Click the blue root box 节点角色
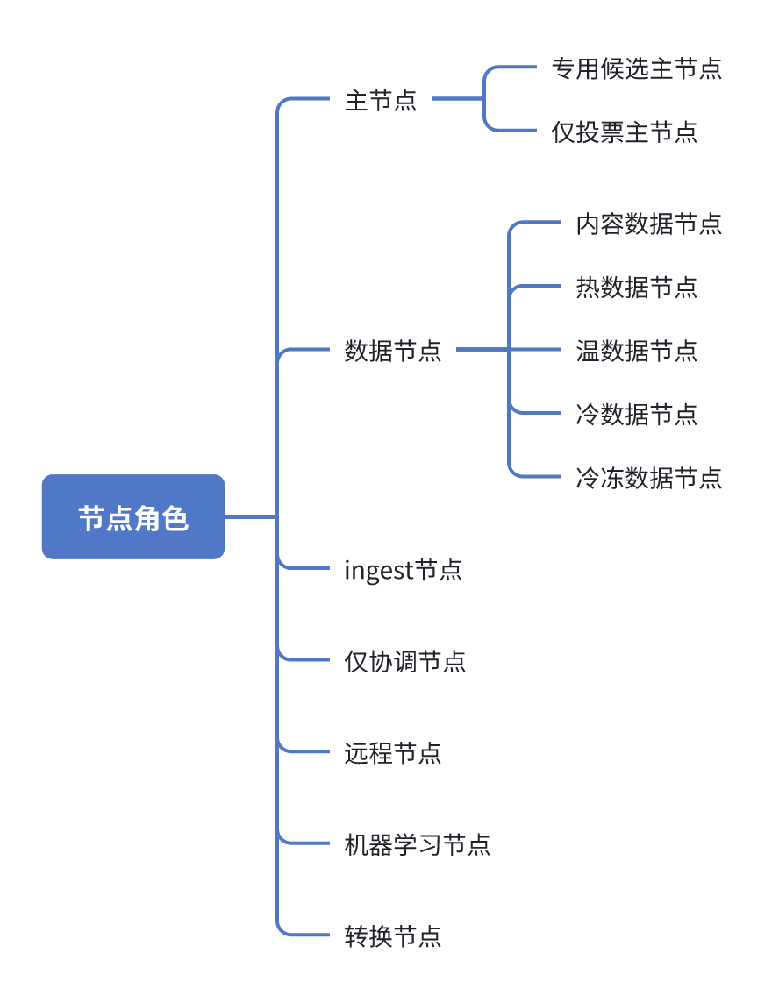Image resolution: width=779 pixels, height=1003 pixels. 133,517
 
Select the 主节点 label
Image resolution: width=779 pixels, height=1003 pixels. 381,100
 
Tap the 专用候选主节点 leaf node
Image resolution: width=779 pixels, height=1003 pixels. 636,68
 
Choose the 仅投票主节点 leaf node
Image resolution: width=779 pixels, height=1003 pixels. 624,132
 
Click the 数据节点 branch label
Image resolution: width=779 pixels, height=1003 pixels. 393,351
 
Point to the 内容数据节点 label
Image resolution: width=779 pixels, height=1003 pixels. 648,224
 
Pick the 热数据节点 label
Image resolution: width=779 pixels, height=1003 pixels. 636,288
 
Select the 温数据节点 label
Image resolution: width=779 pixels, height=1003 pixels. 636,351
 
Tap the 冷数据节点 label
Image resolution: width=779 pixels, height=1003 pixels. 636,414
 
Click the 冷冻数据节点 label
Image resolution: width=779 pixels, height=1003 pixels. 648,478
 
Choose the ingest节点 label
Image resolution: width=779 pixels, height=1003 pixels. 403,571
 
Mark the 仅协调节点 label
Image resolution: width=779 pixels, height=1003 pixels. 404,661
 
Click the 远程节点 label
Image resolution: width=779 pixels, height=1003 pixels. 393,753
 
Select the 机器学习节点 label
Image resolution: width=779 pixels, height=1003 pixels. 417,845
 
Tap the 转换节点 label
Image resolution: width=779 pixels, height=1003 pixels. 393,935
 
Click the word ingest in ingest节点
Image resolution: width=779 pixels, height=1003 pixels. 378,572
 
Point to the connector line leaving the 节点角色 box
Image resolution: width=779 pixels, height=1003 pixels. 250,517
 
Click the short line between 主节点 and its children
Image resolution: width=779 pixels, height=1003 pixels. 457,99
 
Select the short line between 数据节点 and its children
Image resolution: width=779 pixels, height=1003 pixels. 482,350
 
